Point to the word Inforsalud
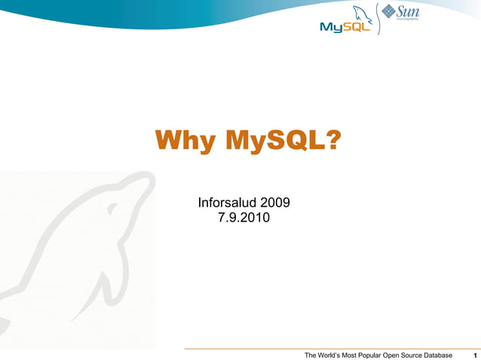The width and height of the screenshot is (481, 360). (227, 203)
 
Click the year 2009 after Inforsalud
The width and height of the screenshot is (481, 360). (276, 203)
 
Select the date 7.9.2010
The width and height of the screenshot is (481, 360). (244, 218)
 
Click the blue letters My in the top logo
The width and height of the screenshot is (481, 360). (331, 27)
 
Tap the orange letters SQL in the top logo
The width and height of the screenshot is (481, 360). (357, 27)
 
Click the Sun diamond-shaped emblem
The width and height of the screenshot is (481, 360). (389, 11)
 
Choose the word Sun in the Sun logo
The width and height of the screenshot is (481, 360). (408, 11)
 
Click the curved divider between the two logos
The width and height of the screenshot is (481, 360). (375, 19)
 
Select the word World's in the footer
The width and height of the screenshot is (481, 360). (335, 355)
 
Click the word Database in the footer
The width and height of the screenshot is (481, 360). (434, 355)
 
